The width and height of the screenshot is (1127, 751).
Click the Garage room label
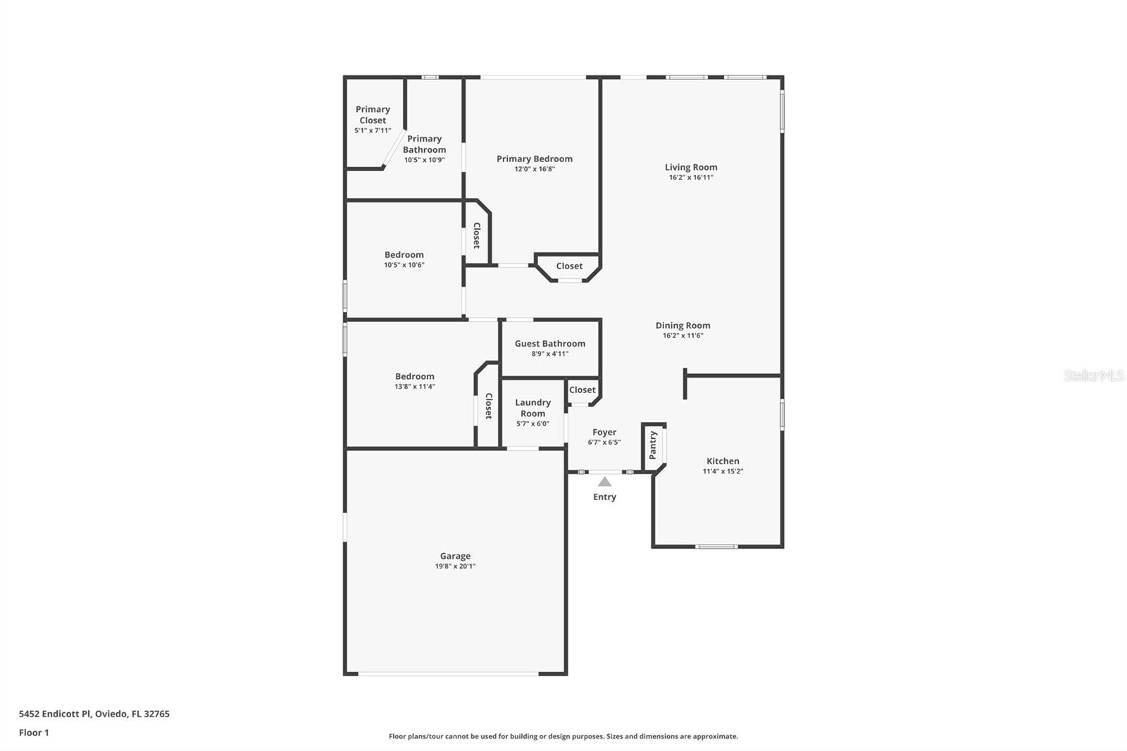[x=455, y=556]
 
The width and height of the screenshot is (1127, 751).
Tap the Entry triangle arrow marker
[x=604, y=482]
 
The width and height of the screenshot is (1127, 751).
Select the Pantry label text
[x=653, y=445]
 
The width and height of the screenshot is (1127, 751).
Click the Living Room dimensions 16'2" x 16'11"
[x=690, y=178]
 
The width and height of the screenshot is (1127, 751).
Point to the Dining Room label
[x=683, y=325]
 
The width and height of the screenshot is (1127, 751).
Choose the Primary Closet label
[x=373, y=115]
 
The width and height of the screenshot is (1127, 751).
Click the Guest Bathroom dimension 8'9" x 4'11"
[x=549, y=354]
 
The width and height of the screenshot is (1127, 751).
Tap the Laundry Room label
[x=533, y=408]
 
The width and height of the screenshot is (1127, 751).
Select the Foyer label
[x=604, y=432]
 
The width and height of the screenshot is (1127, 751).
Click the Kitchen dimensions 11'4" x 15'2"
[x=723, y=471]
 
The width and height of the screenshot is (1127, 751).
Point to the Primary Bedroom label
[x=534, y=159]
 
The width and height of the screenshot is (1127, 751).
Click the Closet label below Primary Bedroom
[x=569, y=266]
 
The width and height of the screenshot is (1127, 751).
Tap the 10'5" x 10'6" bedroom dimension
[x=404, y=265]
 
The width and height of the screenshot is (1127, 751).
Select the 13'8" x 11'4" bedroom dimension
[x=414, y=386]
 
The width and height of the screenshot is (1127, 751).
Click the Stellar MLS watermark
[x=1093, y=375]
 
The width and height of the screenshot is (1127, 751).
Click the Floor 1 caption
[x=34, y=733]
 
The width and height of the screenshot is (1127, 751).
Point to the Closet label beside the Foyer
[x=582, y=390]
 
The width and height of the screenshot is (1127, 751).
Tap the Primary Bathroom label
[x=424, y=144]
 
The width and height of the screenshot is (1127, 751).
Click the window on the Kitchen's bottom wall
[x=716, y=546]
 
